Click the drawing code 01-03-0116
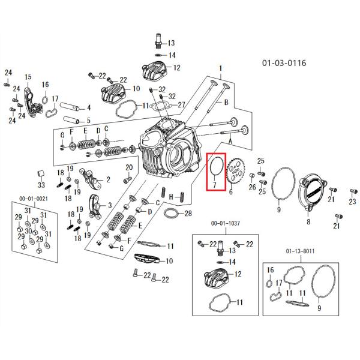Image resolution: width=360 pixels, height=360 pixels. pyautogui.click(x=284, y=62)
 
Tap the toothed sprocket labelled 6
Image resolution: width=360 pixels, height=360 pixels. pyautogui.click(x=236, y=172)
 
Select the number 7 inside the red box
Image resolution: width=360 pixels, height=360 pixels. pyautogui.click(x=214, y=184)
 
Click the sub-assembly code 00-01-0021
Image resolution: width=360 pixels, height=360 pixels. pyautogui.click(x=34, y=199)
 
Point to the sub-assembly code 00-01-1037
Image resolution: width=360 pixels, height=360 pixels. pyautogui.click(x=225, y=223)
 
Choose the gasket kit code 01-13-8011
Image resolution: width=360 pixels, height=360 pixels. pyautogui.click(x=300, y=251)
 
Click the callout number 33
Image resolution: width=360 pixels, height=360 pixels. pyautogui.click(x=41, y=185)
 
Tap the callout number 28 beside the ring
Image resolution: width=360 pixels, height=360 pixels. pyautogui.click(x=188, y=213)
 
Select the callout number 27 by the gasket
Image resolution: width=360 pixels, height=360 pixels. pyautogui.click(x=181, y=104)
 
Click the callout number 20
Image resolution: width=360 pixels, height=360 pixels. pyautogui.click(x=129, y=167)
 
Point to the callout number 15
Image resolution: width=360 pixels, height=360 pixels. pyautogui.click(x=28, y=77)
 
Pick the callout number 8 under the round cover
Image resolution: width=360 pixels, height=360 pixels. pyautogui.click(x=308, y=221)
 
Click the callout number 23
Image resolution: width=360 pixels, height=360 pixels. pyautogui.click(x=352, y=202)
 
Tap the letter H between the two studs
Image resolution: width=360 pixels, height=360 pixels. pyautogui.click(x=171, y=197)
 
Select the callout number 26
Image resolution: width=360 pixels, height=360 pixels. pyautogui.click(x=253, y=187)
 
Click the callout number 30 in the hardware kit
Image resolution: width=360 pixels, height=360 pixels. pyautogui.click(x=28, y=231)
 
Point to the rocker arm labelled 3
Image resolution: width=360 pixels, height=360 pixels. pyautogui.click(x=95, y=206)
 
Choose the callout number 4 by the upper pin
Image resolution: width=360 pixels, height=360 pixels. pyautogui.click(x=89, y=107)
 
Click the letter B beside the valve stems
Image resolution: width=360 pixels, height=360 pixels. pyautogui.click(x=226, y=102)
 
